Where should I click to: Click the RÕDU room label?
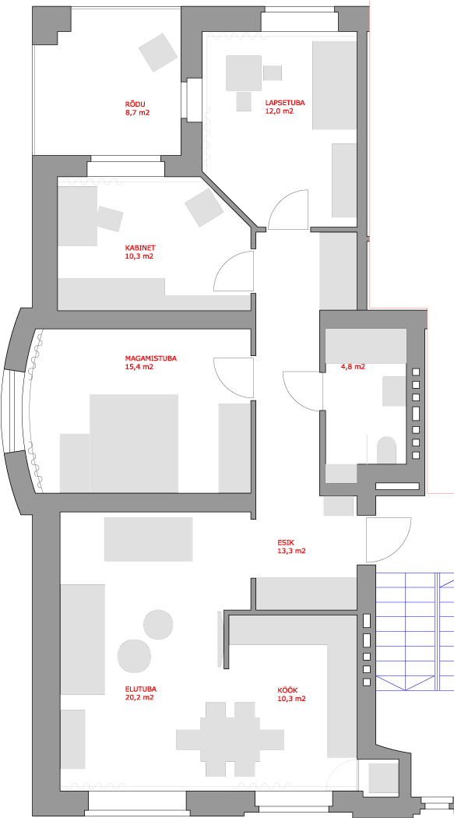coord(137,104)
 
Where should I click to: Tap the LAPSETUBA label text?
coord(284,104)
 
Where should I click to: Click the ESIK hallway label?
coord(286,542)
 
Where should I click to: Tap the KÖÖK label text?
coord(287,689)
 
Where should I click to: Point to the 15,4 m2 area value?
coord(138,367)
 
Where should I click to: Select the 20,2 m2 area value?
coord(139,697)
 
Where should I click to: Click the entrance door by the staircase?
coord(389,540)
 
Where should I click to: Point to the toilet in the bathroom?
coord(386,450)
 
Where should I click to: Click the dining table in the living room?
coord(230,739)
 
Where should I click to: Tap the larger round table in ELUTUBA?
coord(134,656)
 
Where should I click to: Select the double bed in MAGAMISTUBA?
coord(134,443)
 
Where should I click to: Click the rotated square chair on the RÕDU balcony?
coord(158,52)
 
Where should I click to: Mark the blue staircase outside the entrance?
coord(414,630)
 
